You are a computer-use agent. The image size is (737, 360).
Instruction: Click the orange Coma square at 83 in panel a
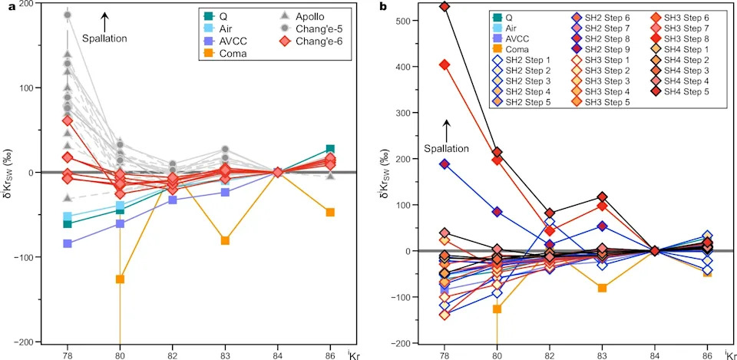[225, 240]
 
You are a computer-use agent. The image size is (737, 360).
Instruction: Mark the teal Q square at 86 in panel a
[330, 149]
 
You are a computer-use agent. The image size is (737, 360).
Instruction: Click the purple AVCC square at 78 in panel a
[68, 243]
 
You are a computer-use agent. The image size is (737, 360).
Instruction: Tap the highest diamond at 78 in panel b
[445, 7]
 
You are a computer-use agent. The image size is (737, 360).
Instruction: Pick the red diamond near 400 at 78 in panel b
[445, 64]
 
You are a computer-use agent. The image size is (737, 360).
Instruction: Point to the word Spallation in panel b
[447, 149]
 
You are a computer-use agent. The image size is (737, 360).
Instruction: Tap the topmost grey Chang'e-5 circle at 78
[68, 15]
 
